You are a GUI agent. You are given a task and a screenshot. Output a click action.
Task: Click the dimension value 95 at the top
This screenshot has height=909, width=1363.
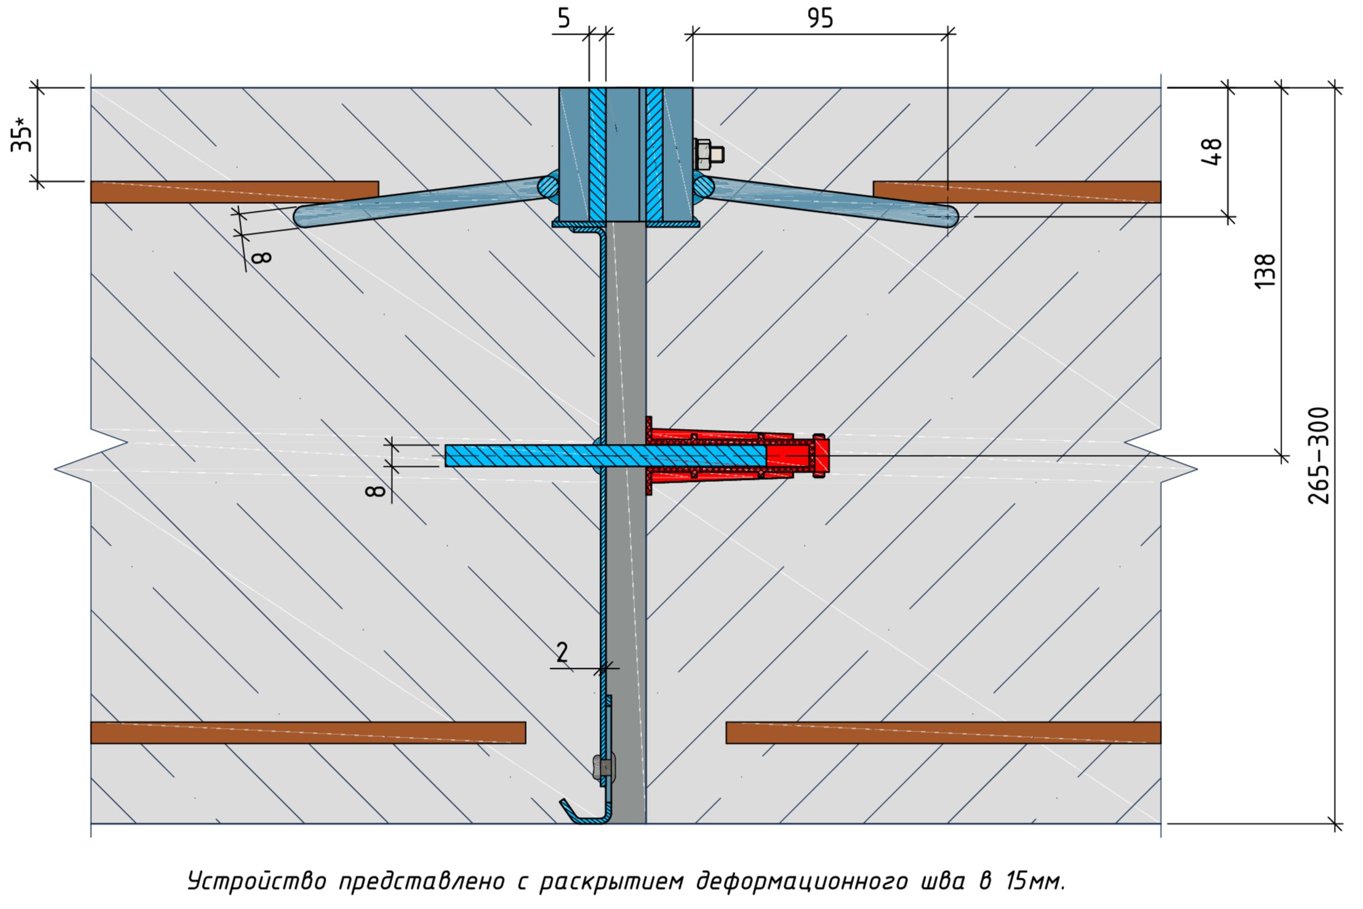coord(820,18)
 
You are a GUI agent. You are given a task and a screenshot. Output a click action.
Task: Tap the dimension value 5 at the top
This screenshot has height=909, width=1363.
coord(564,18)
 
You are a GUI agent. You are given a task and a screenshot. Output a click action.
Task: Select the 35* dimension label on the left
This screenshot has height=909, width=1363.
coord(22,135)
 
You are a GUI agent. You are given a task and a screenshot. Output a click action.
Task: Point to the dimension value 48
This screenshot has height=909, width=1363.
coord(1211,151)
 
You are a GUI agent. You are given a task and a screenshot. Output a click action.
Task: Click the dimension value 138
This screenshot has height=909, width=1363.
coord(1265,271)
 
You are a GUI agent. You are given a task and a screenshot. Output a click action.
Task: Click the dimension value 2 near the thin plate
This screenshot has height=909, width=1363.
coord(562,653)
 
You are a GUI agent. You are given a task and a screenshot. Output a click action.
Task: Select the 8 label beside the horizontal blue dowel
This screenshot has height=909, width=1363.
coord(376,490)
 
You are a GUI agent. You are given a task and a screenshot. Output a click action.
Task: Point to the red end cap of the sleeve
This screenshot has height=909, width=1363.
coord(820,456)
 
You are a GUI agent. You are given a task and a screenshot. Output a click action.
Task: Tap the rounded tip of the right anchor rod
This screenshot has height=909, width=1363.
coord(951,217)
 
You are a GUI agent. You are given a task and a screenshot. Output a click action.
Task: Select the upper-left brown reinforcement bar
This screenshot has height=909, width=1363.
coord(234,192)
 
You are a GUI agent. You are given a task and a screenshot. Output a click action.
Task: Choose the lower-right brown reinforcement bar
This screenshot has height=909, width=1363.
coord(943,732)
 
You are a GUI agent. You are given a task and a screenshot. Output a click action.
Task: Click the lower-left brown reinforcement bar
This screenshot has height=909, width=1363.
coord(308,732)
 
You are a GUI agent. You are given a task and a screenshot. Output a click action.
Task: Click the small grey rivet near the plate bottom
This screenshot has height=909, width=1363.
coord(603,768)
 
